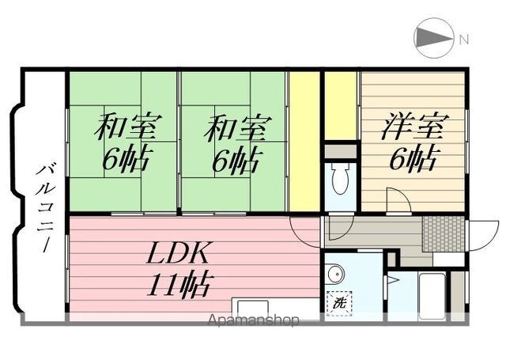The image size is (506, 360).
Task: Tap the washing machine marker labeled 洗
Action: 339,303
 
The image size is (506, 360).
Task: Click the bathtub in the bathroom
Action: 432,297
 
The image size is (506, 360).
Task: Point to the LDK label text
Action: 178,253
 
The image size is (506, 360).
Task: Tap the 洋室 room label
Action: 414,127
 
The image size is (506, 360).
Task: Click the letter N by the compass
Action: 464,40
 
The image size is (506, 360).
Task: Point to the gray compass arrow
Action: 433,38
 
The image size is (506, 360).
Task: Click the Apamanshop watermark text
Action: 253,320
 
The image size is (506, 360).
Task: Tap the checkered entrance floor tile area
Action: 444,233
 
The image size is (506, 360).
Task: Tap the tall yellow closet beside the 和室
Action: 304,142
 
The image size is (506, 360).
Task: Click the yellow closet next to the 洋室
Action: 341,106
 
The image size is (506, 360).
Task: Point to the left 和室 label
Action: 127,127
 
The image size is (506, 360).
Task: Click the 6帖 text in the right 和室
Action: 236,159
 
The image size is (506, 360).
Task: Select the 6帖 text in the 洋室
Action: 413,158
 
